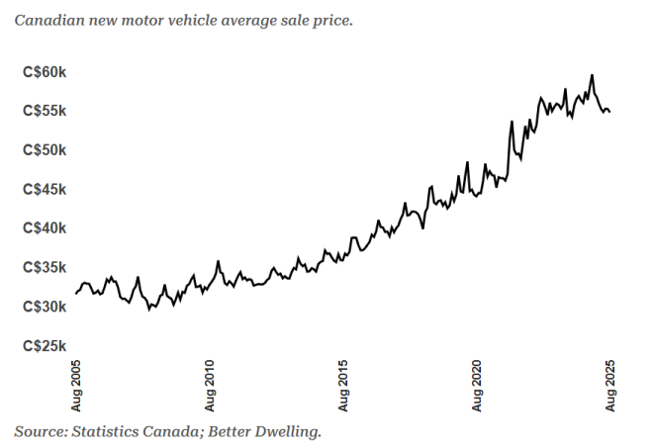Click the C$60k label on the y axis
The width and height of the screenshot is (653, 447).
point(45,72)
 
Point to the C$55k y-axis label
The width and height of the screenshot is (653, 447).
point(45,111)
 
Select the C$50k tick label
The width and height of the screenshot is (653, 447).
point(45,150)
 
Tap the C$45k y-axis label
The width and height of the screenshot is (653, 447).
point(45,189)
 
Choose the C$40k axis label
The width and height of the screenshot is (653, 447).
point(45,228)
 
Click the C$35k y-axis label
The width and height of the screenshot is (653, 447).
point(45,267)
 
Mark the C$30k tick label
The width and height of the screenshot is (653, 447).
point(45,307)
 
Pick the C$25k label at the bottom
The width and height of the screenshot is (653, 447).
point(45,345)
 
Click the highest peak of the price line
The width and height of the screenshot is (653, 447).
point(592,75)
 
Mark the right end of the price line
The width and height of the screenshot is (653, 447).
point(609,112)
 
